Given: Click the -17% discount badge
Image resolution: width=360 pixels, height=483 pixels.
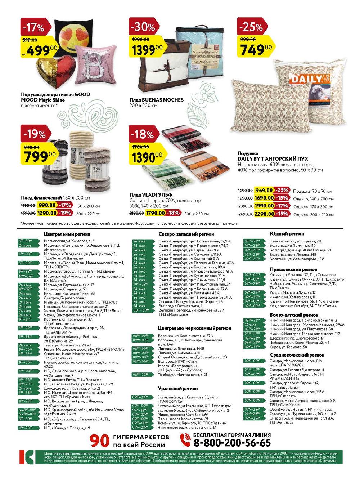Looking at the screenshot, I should pos(33,28).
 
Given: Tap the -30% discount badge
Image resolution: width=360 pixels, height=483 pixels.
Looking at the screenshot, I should pos(143,27).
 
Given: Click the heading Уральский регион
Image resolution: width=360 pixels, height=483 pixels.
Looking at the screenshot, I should pos(178,389).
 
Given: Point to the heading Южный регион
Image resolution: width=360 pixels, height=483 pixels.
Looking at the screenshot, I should pos(287,234).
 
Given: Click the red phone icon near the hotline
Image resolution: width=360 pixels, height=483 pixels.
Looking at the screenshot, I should pos(185,440).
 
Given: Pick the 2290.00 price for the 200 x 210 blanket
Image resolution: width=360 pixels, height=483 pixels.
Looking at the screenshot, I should pos(264,214).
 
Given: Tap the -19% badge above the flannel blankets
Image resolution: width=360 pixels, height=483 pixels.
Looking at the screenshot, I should pos(35,134).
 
